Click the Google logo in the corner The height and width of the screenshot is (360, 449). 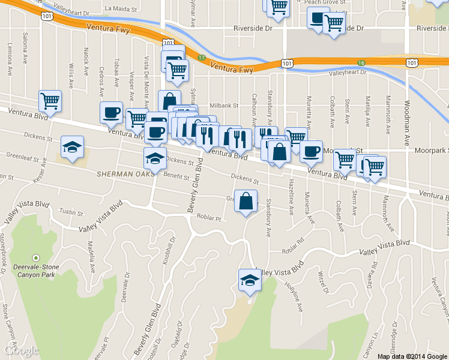pos(21,350)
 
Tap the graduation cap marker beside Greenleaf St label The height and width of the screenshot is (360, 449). pos(72,148)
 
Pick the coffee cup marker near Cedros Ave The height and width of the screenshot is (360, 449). pos(111,112)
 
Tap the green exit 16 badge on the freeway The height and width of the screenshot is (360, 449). pos(361,62)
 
